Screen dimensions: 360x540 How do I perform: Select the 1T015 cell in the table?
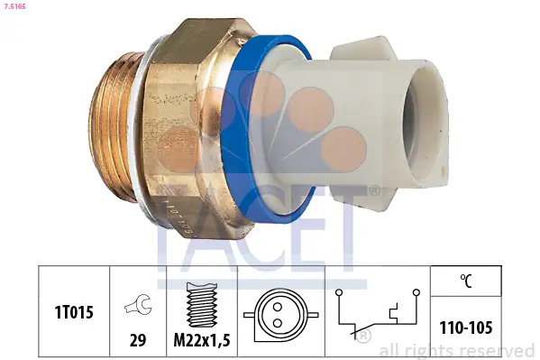(x=71, y=311)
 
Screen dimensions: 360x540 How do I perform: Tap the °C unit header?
(x=466, y=279)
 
